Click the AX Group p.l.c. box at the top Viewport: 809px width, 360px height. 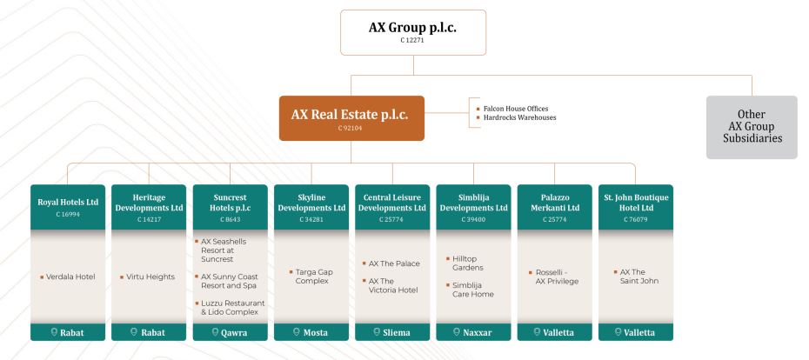(412, 32)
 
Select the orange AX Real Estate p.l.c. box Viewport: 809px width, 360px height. (351, 118)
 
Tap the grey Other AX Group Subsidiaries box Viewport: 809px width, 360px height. (752, 127)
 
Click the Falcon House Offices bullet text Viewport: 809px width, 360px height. (516, 109)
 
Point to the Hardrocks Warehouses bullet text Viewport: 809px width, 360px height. (519, 117)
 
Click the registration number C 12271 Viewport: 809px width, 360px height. (412, 40)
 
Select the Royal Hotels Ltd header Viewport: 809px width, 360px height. (68, 207)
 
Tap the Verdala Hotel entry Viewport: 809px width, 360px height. (70, 277)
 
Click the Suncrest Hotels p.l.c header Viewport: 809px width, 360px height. (231, 207)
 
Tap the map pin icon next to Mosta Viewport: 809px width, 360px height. (296, 332)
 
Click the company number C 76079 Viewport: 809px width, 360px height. (636, 219)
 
